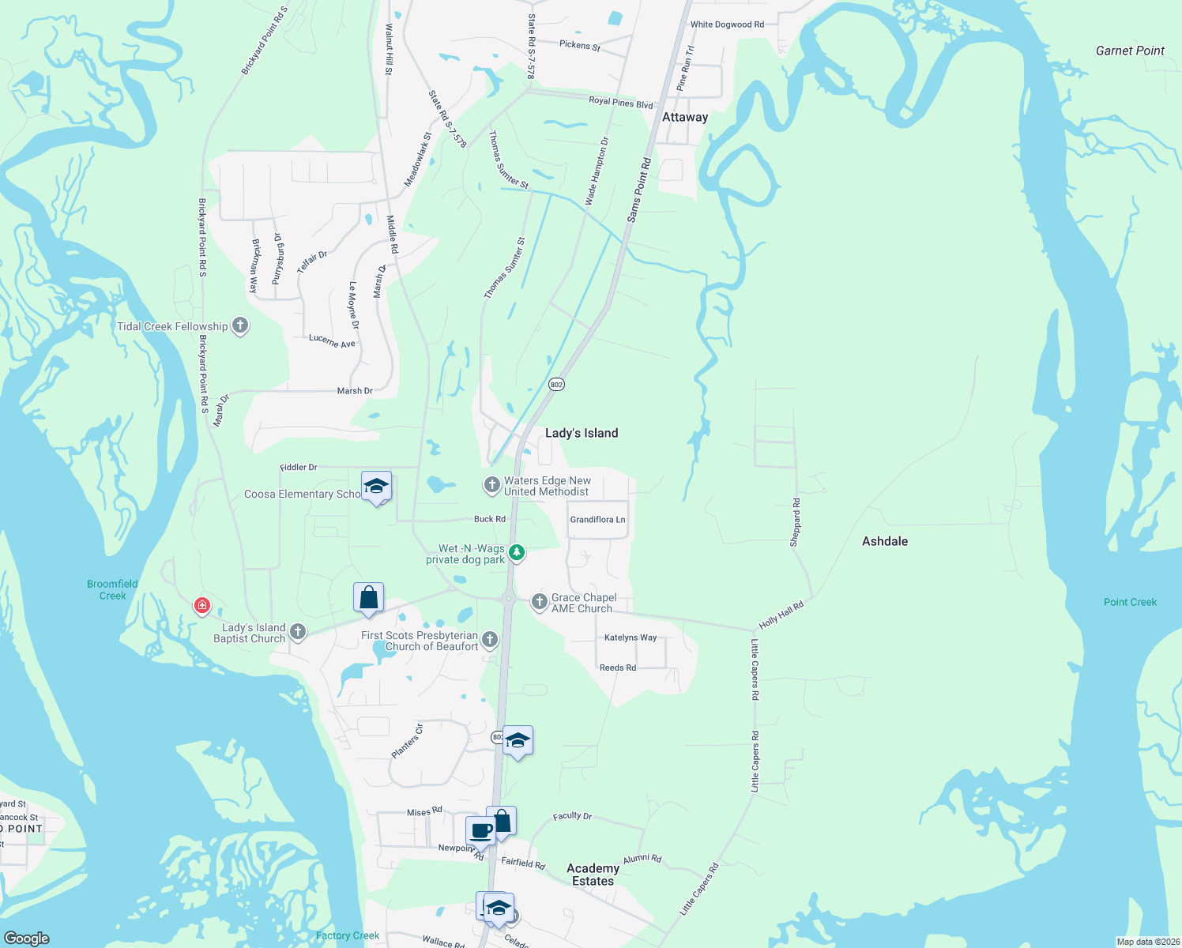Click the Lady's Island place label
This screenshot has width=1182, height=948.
coord(582,433)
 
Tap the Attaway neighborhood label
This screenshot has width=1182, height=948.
coord(685,117)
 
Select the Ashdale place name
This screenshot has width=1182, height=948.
coord(885,541)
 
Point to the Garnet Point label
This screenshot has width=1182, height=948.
coord(1130,51)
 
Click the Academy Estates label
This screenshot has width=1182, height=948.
coord(593,875)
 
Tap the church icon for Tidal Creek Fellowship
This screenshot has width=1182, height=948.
coord(240,326)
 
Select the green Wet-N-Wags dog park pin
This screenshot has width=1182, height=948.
coord(517,552)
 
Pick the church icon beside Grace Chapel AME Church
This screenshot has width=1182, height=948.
coord(540,603)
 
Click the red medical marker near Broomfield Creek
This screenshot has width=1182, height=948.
coord(202,606)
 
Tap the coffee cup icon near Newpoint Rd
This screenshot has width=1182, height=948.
coord(480,831)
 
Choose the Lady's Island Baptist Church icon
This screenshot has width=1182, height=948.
coord(298,631)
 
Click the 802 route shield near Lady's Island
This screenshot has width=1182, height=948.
coord(556,385)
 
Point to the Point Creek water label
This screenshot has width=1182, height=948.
coord(1130,602)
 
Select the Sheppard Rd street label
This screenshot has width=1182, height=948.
coord(796,522)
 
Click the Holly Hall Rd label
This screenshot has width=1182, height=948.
coord(781,615)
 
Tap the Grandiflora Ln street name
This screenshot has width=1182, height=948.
coord(597,520)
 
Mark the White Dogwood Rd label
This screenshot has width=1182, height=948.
coord(727,24)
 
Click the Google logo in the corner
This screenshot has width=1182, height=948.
coord(27,939)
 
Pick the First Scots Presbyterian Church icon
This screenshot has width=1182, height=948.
coord(490,640)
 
